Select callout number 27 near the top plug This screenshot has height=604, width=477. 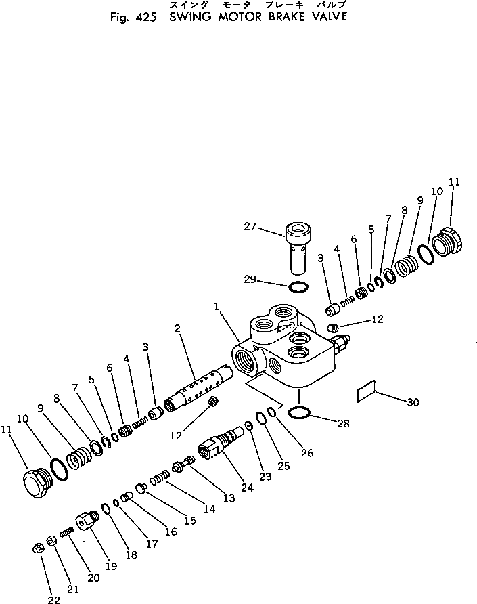(250, 227)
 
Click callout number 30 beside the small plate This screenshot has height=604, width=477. (413, 402)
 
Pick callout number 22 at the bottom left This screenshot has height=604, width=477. (53, 599)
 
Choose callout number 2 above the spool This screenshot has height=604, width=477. (177, 328)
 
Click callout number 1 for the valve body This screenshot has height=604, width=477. (217, 307)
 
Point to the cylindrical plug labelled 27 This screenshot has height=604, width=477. (297, 247)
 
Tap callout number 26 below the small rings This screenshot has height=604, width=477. (308, 453)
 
